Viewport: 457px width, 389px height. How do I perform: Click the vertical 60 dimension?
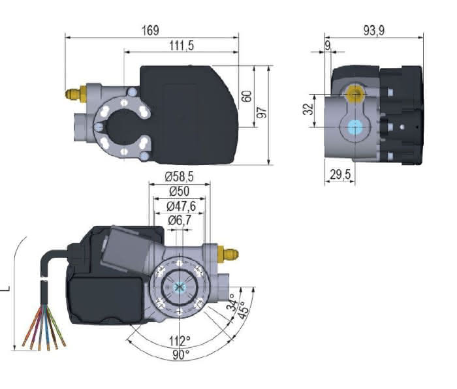point(246,96)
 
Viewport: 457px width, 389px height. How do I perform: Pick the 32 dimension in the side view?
point(309,108)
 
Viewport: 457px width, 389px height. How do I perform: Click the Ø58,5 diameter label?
point(180,177)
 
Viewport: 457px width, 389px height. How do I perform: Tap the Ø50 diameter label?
point(180,191)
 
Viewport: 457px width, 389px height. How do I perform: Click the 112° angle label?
point(180,341)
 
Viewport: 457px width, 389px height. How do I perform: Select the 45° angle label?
point(244,308)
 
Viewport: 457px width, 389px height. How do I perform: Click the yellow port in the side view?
point(355,95)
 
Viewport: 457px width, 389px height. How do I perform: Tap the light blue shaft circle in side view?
point(355,127)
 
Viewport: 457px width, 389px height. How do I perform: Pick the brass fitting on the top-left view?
point(74,93)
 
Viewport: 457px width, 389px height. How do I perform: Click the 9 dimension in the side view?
point(328,45)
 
